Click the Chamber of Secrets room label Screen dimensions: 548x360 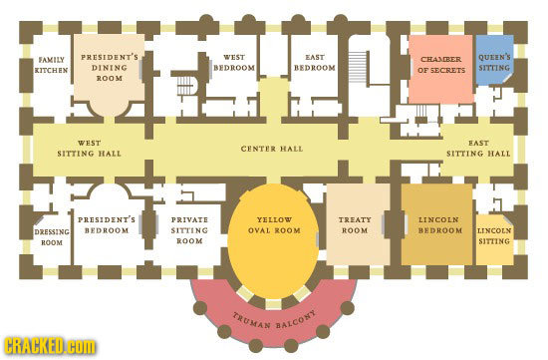(437, 64)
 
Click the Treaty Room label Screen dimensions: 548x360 (356, 224)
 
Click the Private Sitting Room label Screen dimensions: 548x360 (189, 229)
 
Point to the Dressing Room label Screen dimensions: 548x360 (51, 236)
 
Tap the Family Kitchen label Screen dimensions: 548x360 (51, 65)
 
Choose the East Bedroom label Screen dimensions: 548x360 (314, 64)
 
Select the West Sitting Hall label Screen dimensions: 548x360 (90, 149)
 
